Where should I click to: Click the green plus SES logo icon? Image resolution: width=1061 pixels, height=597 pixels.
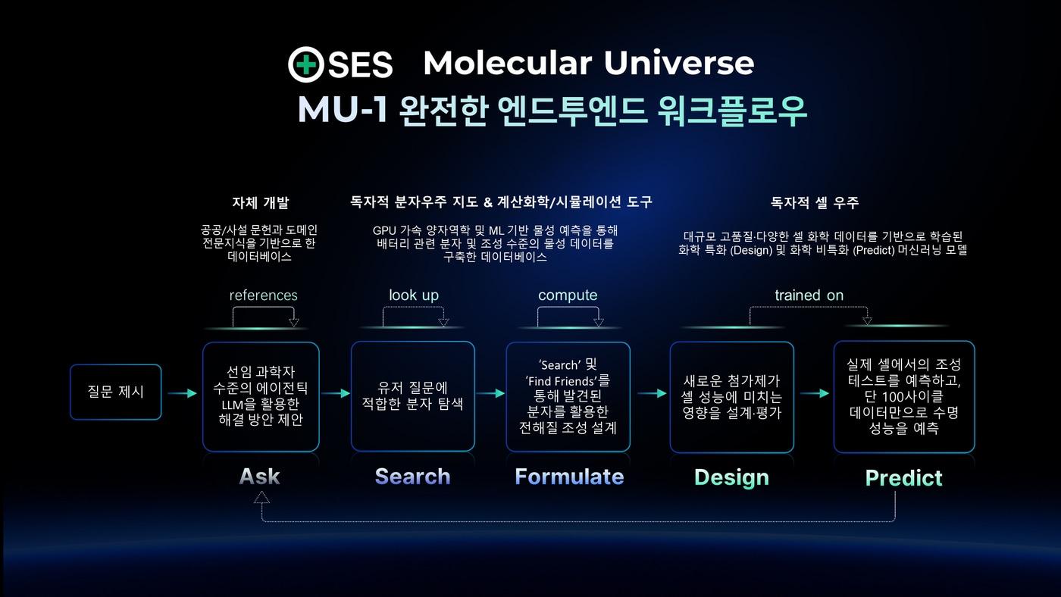[x=306, y=65]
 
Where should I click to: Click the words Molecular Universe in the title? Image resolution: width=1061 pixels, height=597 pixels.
[x=588, y=63]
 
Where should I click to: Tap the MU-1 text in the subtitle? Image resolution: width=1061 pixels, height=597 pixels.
[x=342, y=111]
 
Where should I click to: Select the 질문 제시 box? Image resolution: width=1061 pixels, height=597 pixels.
[x=115, y=392]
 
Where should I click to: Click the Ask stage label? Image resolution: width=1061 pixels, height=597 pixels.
[x=260, y=477]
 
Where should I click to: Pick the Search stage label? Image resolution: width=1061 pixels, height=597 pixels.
[x=412, y=477]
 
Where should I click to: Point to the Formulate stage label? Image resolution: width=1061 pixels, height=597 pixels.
[x=569, y=477]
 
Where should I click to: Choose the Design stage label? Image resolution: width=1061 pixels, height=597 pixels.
[x=731, y=477]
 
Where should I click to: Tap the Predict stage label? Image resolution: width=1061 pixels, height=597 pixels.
[x=903, y=478]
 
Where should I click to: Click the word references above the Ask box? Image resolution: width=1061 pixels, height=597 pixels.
[x=263, y=295]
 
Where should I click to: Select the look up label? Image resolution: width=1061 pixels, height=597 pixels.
[x=414, y=295]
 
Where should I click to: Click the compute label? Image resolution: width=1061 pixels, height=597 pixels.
[x=568, y=295]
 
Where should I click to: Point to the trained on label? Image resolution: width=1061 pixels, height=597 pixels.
[x=809, y=295]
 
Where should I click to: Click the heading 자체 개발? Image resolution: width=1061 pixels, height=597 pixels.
[x=260, y=203]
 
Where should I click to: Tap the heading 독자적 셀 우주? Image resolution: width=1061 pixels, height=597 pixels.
[x=815, y=203]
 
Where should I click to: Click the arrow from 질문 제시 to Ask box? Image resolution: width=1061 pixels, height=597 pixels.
[x=182, y=393]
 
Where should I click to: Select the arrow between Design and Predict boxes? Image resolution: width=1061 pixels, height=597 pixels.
[x=814, y=393]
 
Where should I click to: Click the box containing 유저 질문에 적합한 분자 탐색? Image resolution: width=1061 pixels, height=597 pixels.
[x=412, y=396]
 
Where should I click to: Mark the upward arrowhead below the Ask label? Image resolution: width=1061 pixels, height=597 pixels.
[x=262, y=497]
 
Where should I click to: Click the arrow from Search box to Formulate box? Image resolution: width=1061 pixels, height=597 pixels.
[x=490, y=393]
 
